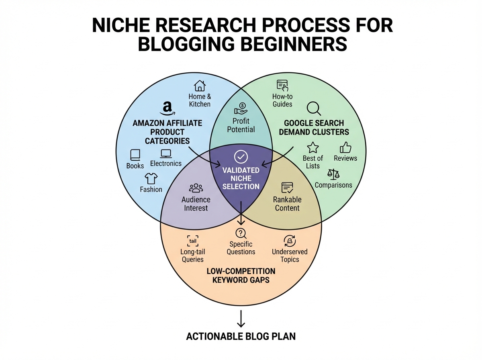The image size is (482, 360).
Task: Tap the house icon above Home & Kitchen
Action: [x=200, y=86]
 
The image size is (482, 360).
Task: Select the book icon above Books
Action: [x=135, y=155]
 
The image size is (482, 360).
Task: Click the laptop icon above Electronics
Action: [x=166, y=153]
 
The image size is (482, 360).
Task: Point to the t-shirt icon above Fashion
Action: [x=151, y=178]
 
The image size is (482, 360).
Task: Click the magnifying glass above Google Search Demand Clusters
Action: [x=313, y=108]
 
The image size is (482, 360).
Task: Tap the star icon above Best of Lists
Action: [x=312, y=147]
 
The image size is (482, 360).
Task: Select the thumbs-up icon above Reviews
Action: [x=345, y=147]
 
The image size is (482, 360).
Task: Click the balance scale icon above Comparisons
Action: [x=333, y=174]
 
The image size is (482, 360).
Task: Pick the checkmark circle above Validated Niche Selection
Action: [x=241, y=156]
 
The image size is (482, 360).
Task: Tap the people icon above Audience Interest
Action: [x=196, y=188]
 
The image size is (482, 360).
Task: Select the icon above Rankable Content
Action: [x=287, y=187]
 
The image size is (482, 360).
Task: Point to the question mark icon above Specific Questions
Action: [x=241, y=233]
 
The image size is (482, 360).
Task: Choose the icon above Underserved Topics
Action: [x=290, y=241]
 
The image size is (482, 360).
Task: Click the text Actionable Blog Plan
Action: [x=241, y=336]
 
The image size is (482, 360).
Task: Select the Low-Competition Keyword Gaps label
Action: [x=241, y=275]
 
